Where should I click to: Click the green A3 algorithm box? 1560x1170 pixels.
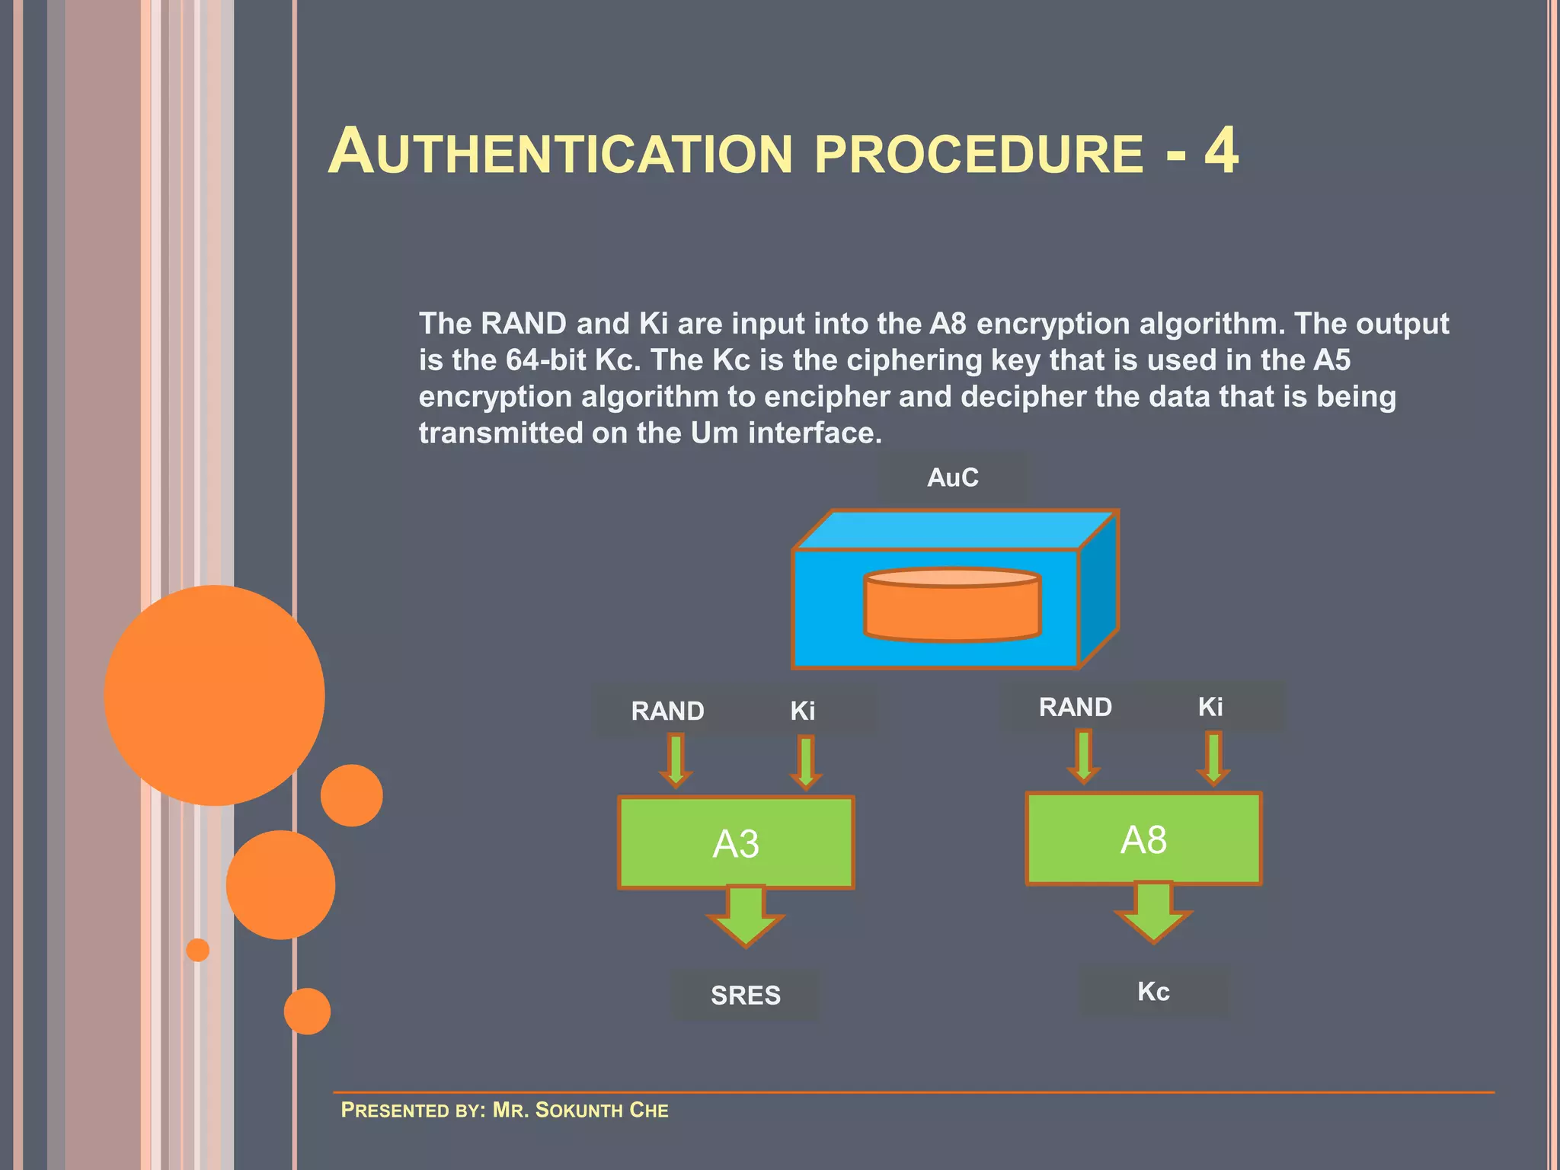(736, 842)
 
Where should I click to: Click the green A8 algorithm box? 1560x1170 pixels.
(1143, 839)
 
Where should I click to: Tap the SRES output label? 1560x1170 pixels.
(746, 995)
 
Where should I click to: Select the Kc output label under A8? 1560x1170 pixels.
(1153, 991)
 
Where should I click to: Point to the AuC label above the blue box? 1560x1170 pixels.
(953, 478)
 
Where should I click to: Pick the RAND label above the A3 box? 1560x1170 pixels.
(667, 711)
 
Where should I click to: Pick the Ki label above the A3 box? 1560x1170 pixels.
(803, 711)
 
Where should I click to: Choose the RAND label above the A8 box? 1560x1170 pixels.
(1076, 707)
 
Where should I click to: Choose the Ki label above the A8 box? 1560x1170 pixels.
(1210, 707)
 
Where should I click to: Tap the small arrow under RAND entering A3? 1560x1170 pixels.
(676, 760)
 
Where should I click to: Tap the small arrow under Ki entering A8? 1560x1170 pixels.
(1213, 757)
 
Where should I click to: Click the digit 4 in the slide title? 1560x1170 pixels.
(1221, 151)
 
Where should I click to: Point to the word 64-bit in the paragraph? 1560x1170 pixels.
(545, 360)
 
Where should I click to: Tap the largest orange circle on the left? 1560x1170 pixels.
(214, 695)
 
